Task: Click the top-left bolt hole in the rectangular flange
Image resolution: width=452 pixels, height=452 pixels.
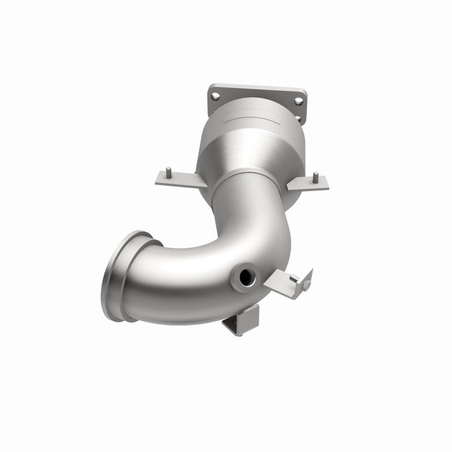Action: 216,96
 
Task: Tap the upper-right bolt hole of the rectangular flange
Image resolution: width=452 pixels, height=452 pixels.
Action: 298,101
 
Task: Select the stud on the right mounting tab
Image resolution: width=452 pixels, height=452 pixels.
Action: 315,176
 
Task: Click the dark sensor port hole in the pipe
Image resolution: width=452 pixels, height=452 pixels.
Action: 247,278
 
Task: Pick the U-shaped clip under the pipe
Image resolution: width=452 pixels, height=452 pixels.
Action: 241,320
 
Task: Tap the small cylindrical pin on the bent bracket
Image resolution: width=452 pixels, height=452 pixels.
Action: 294,278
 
